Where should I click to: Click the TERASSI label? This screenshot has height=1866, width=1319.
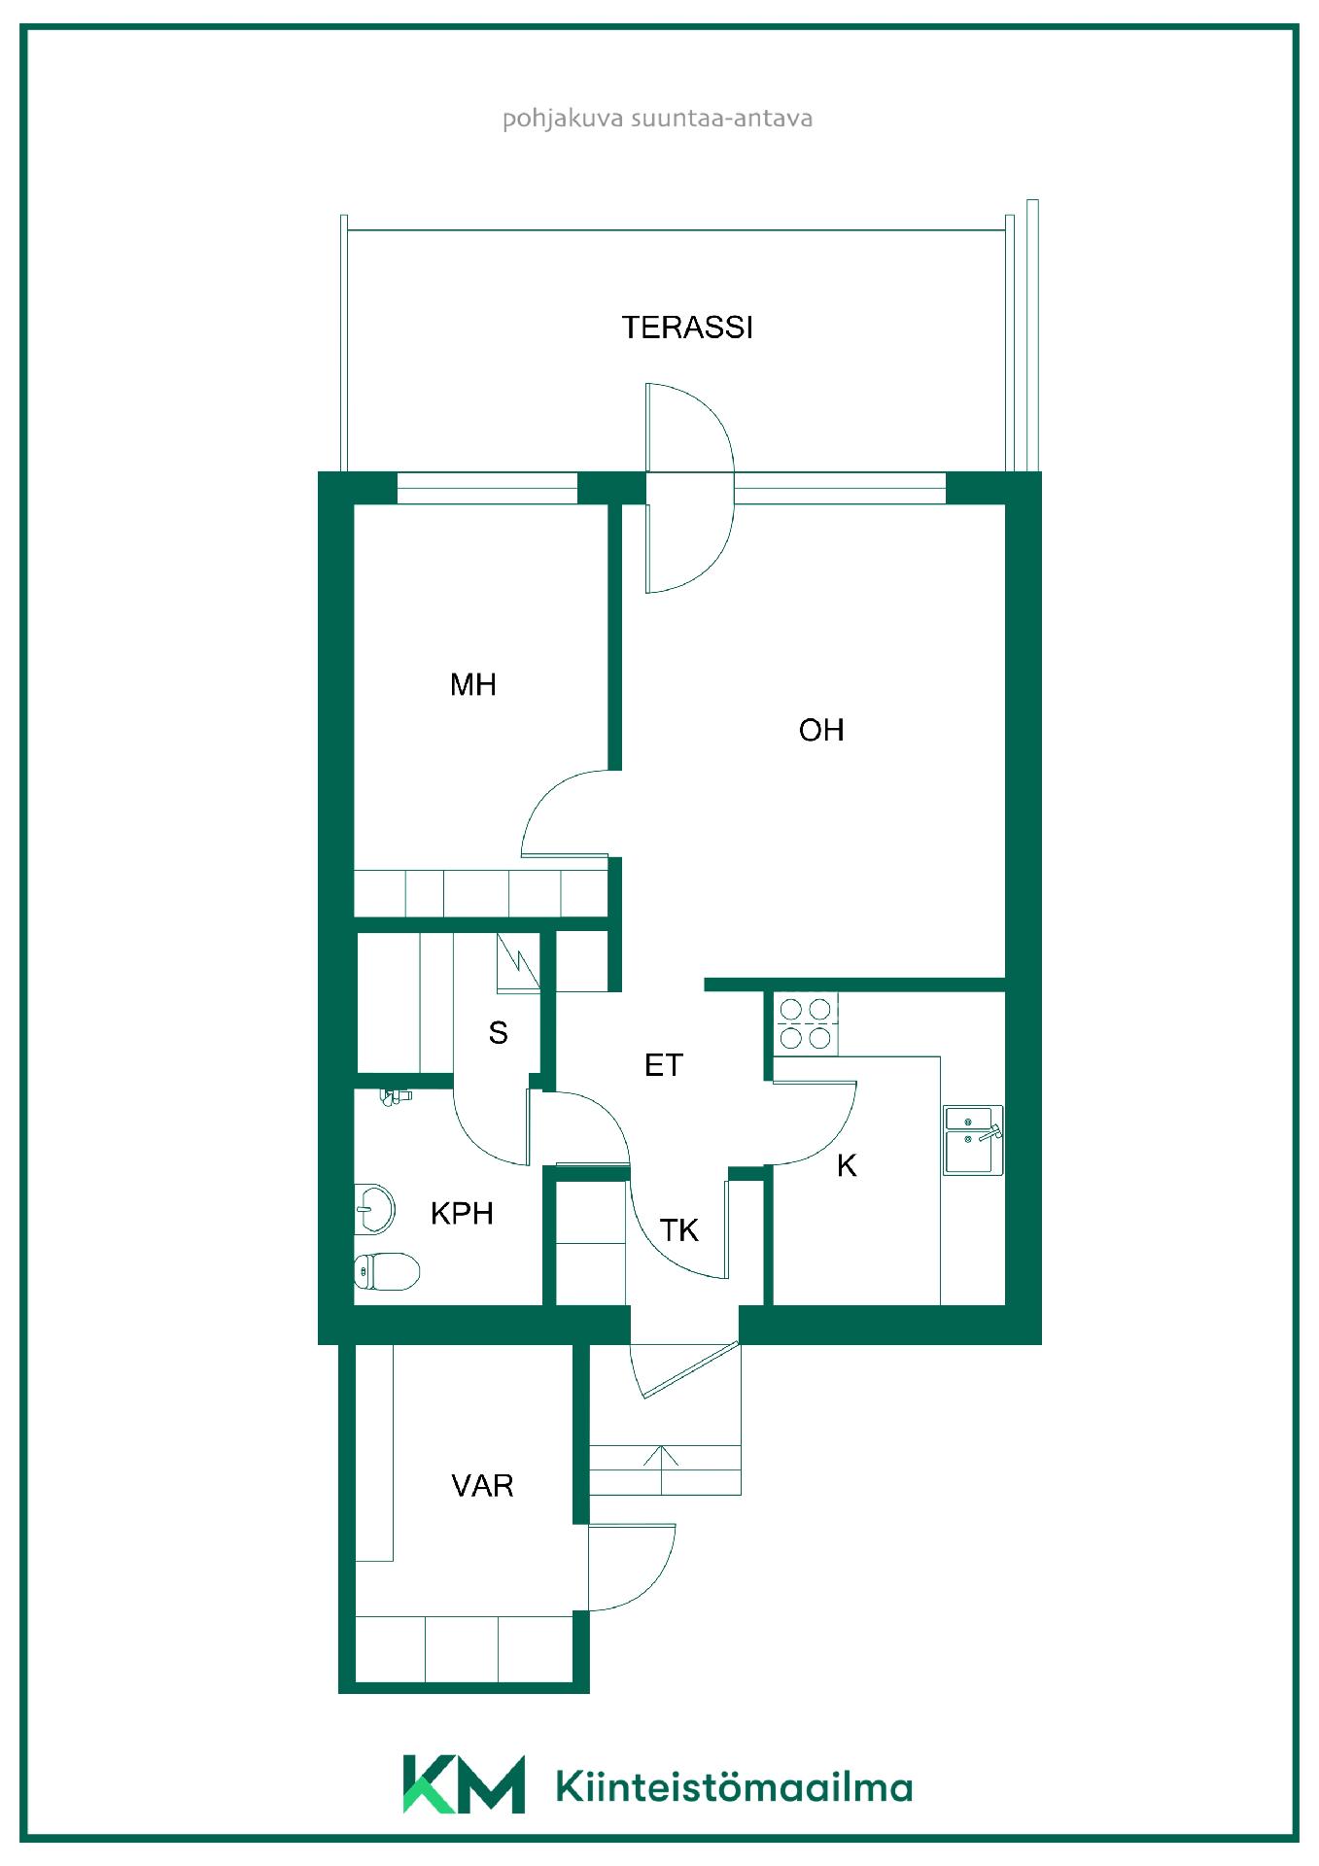point(687,328)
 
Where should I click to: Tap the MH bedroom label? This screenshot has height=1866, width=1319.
point(473,685)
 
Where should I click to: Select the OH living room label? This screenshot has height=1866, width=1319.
point(821,730)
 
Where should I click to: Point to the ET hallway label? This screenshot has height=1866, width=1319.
point(664,1065)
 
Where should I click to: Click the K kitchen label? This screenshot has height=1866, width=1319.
point(847,1165)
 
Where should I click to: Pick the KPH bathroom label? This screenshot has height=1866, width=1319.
point(462,1213)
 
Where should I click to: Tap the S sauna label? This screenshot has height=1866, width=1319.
point(499,1032)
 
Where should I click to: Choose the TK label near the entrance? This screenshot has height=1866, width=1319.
point(679,1230)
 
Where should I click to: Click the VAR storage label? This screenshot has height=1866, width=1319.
point(482,1485)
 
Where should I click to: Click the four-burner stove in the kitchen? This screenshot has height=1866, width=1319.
point(807,1024)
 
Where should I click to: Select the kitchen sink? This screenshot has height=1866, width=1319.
point(973,1139)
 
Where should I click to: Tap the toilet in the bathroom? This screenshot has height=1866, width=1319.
point(386,1270)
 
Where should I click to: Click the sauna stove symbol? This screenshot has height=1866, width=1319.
point(518,962)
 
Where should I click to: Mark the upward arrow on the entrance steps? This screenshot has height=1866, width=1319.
point(661,1469)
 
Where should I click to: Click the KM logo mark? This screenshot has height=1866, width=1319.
point(464,1783)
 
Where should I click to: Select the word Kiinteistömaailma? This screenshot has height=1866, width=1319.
point(734,1786)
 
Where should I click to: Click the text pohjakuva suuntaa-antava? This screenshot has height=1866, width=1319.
point(657,120)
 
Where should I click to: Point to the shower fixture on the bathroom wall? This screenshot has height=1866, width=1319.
point(395,1097)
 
